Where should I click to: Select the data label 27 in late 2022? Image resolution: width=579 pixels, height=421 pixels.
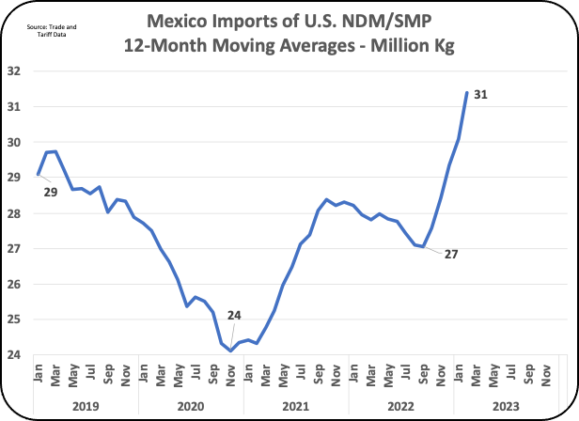tap(450, 255)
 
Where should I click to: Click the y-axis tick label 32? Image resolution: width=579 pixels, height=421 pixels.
tap(13, 71)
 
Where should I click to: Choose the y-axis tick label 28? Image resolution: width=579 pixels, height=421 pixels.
tap(13, 213)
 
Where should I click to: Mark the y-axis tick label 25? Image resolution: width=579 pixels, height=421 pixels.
tap(13, 320)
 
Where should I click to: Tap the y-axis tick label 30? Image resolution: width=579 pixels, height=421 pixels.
tap(13, 143)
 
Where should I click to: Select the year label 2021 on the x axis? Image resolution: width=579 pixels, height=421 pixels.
tap(296, 404)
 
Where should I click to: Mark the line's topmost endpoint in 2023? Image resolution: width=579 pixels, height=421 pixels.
tap(467, 92)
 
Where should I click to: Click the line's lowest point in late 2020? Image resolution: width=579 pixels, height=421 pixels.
tap(230, 351)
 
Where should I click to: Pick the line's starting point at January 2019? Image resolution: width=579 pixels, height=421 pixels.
tap(39, 174)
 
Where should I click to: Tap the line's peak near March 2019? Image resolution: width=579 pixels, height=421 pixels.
tap(55, 151)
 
